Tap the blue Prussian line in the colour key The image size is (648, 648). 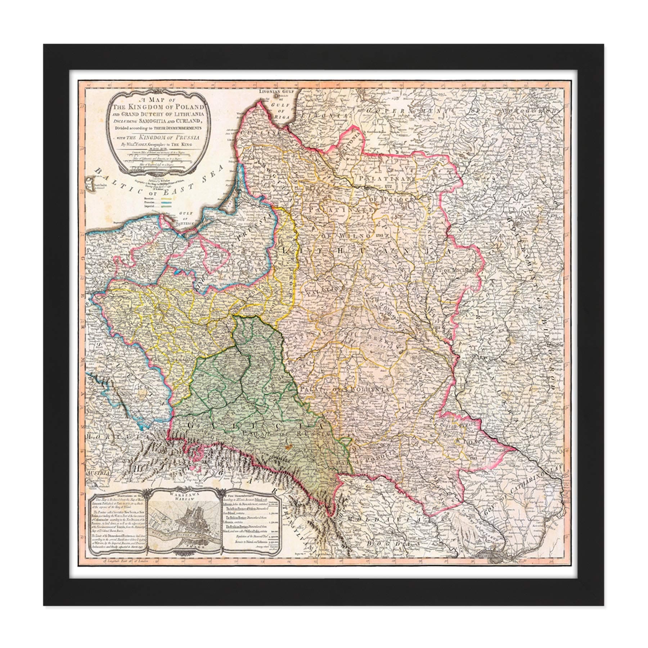point(165,203)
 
